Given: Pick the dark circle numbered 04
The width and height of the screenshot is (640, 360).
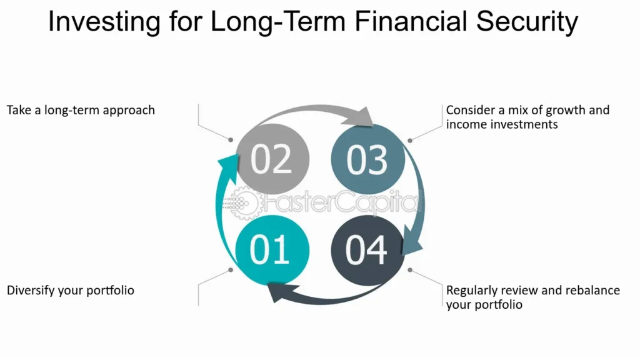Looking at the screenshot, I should coord(367,249).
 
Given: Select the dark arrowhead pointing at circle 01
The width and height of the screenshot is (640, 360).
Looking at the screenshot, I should coord(276,291).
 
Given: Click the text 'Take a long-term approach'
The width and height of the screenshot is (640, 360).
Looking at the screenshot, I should coord(81,111).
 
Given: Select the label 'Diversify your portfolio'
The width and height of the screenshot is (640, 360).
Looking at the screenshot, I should coord(71,291).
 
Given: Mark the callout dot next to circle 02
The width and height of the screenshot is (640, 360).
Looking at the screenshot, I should coord(231,139).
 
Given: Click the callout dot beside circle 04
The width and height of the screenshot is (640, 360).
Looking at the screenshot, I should coord(410,270).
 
